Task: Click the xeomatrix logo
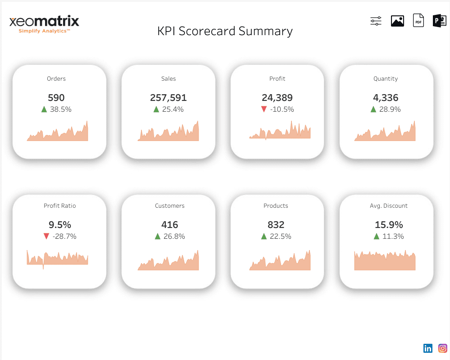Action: pos(44,22)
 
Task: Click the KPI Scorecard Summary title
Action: pos(225,31)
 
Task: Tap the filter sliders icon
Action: pos(376,21)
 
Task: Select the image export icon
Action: pos(397,21)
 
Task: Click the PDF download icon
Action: pos(418,21)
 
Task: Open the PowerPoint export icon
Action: pos(439,21)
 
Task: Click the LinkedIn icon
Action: pos(428,348)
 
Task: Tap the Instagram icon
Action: pos(443,348)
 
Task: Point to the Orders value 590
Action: pos(56,98)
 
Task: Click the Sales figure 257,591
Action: pos(168,98)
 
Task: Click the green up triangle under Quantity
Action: pos(373,109)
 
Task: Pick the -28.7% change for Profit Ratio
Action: pos(64,236)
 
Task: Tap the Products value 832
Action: pos(276,224)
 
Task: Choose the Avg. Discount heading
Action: pos(386,205)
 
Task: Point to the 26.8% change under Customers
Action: pos(173,236)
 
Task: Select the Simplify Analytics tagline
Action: pos(44,31)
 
